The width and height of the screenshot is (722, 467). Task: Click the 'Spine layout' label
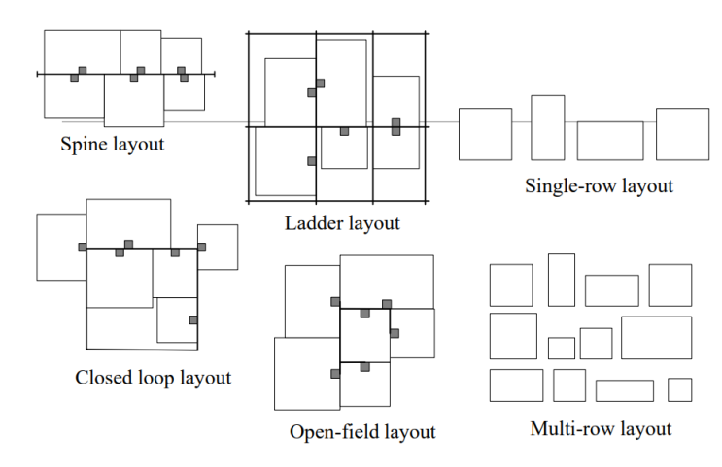click(112, 145)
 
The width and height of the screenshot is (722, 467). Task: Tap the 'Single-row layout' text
click(599, 185)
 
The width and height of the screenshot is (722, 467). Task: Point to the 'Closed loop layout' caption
click(154, 377)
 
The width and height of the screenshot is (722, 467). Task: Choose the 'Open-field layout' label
click(361, 431)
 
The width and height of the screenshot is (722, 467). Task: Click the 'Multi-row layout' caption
click(601, 428)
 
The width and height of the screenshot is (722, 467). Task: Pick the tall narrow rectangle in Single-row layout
click(547, 127)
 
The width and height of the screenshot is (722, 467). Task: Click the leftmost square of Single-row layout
click(485, 134)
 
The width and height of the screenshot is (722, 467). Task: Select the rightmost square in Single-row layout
click(682, 134)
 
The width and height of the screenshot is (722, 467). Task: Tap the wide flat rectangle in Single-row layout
click(609, 140)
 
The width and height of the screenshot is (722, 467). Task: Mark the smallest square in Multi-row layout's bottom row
click(679, 389)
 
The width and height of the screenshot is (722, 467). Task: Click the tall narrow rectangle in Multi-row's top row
click(562, 280)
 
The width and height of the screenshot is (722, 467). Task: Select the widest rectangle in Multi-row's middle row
click(656, 337)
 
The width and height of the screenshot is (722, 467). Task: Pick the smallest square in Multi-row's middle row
click(561, 348)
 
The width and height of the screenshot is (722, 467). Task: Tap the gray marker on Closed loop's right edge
click(193, 319)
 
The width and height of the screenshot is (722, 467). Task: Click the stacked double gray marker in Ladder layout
click(395, 126)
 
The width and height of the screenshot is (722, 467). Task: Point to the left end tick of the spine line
click(38, 73)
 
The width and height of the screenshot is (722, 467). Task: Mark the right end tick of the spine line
click(213, 73)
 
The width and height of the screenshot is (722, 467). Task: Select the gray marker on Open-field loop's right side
click(394, 333)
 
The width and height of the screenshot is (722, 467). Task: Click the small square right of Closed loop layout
click(218, 247)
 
